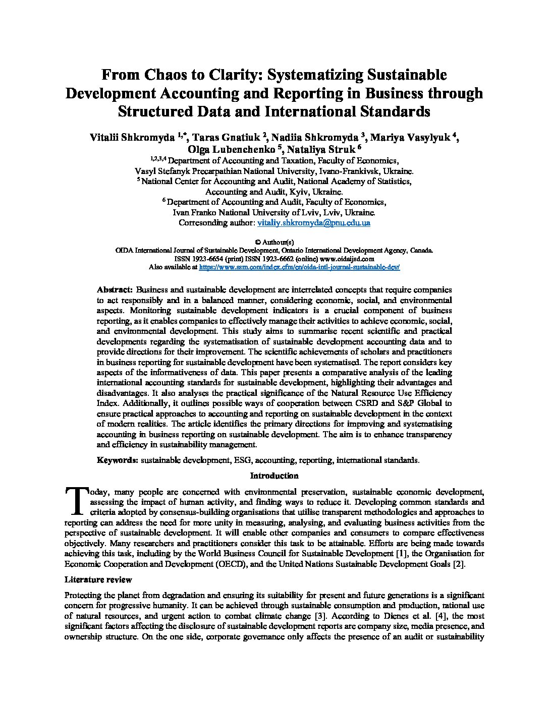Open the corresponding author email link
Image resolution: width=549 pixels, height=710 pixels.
(x=314, y=222)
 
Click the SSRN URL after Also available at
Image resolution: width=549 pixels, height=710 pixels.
(x=299, y=267)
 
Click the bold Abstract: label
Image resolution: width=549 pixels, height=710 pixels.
(x=115, y=290)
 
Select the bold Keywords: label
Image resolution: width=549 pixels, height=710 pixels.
(x=117, y=460)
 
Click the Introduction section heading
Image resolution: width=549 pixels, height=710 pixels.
(x=274, y=476)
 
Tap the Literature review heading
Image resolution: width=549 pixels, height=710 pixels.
(x=98, y=579)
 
